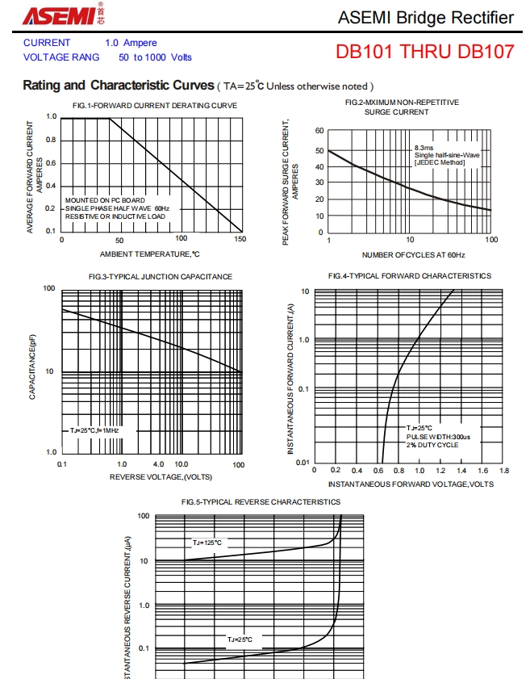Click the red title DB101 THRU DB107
(425, 52)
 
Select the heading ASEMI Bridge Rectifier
(425, 18)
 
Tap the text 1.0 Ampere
(131, 43)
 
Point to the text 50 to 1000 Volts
(155, 57)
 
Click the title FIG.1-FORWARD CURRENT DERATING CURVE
(155, 106)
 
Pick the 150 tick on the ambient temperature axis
(240, 240)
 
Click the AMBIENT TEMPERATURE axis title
(150, 254)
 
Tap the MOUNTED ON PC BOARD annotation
(106, 200)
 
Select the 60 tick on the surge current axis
(319, 131)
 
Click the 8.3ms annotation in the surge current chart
(424, 149)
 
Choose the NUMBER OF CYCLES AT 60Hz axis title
(413, 254)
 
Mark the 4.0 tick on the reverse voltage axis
(158, 464)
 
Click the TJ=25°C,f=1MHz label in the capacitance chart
(94, 430)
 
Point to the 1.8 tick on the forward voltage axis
(504, 470)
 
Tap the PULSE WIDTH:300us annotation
(438, 437)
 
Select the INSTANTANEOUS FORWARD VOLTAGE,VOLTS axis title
(411, 484)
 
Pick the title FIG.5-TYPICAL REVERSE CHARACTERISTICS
(261, 502)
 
